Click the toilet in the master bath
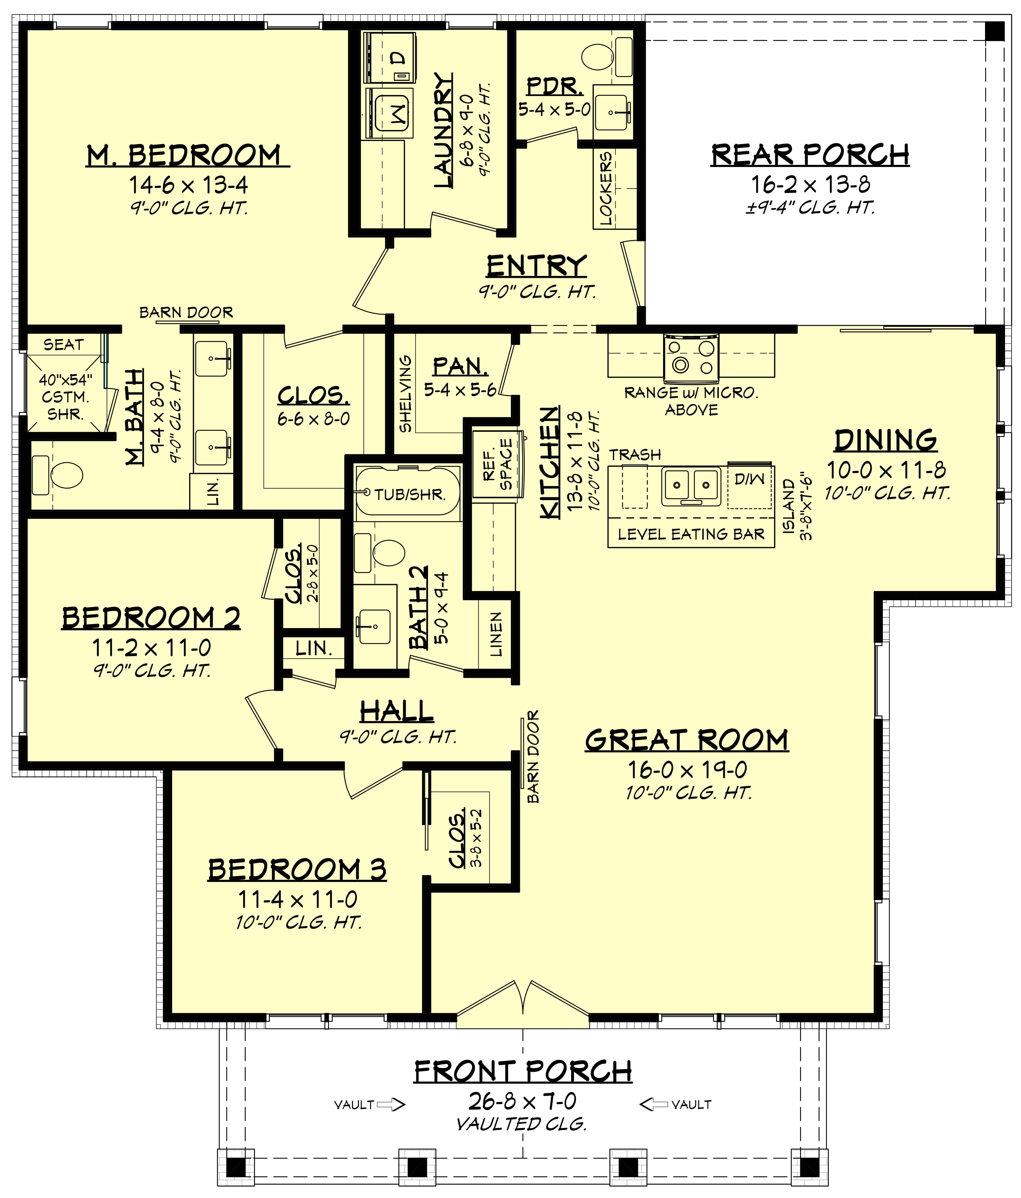(x=58, y=475)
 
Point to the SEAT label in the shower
(x=64, y=345)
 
